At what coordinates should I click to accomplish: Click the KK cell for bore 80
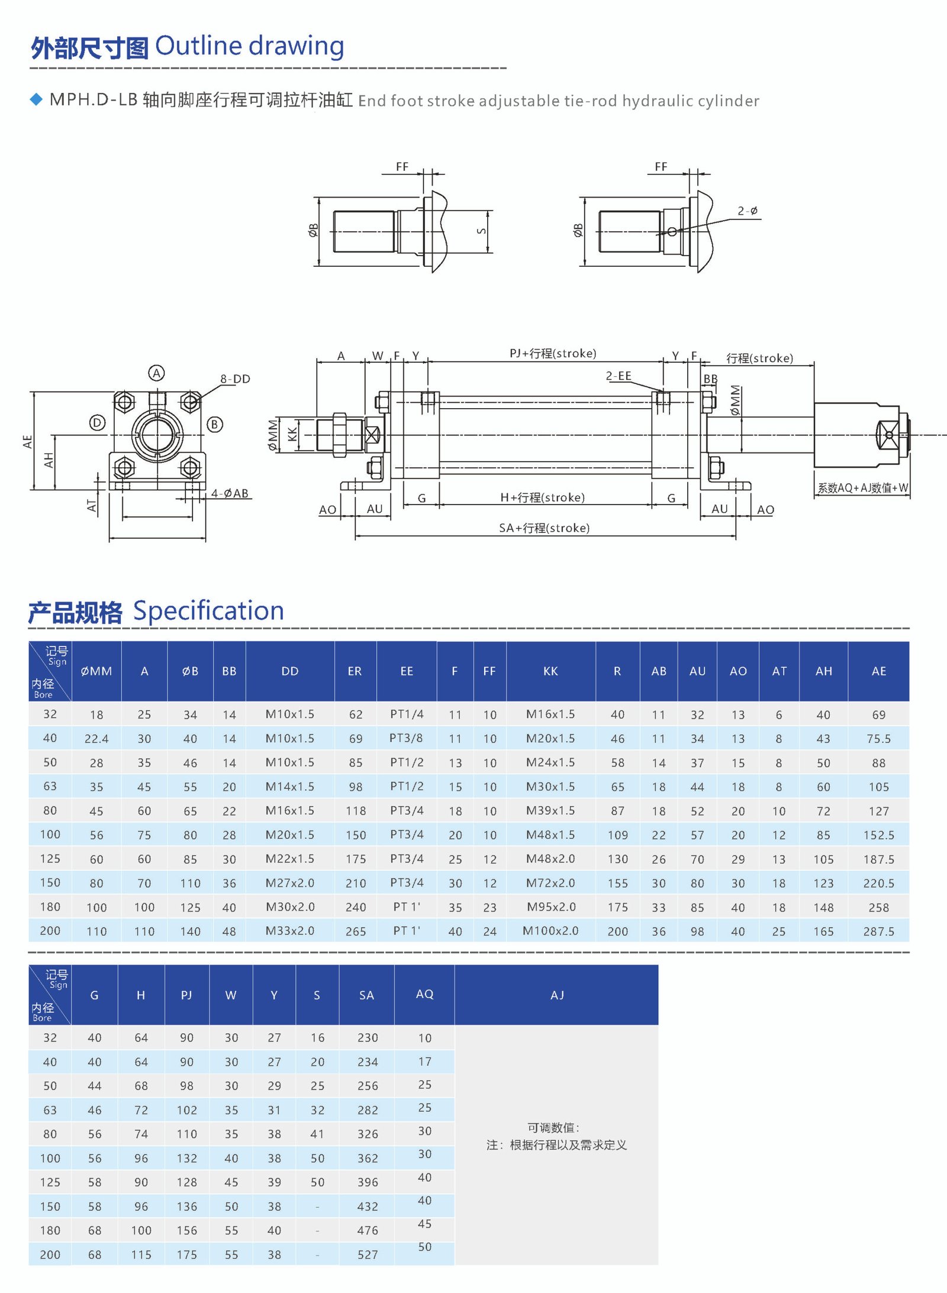pyautogui.click(x=550, y=810)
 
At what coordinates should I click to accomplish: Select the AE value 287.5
pyautogui.click(x=878, y=931)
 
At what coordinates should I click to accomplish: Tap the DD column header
pyautogui.click(x=289, y=671)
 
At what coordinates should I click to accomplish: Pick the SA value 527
pyautogui.click(x=367, y=1255)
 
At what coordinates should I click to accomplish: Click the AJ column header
pyautogui.click(x=556, y=995)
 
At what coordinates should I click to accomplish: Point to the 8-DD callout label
pyautogui.click(x=235, y=379)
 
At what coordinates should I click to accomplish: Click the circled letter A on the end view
pyautogui.click(x=156, y=373)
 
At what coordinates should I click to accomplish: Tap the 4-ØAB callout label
pyautogui.click(x=230, y=493)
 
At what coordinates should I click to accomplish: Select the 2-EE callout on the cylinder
pyautogui.click(x=618, y=376)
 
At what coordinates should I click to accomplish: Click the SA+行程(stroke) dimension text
pyautogui.click(x=544, y=528)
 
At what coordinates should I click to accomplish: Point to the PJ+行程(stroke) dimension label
pyautogui.click(x=553, y=353)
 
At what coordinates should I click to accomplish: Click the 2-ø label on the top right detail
pyautogui.click(x=747, y=211)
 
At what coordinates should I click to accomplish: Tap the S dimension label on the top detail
pyautogui.click(x=481, y=231)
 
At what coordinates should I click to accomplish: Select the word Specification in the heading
pyautogui.click(x=208, y=610)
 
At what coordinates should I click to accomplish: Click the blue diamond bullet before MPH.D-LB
pyautogui.click(x=36, y=99)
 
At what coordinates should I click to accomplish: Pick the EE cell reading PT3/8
pyautogui.click(x=406, y=738)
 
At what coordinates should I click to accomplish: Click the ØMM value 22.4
pyautogui.click(x=96, y=738)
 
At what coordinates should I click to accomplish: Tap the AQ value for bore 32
pyautogui.click(x=424, y=1038)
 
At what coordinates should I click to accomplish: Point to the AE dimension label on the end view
pyautogui.click(x=27, y=441)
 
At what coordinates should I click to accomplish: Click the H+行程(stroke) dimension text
pyautogui.click(x=542, y=497)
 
